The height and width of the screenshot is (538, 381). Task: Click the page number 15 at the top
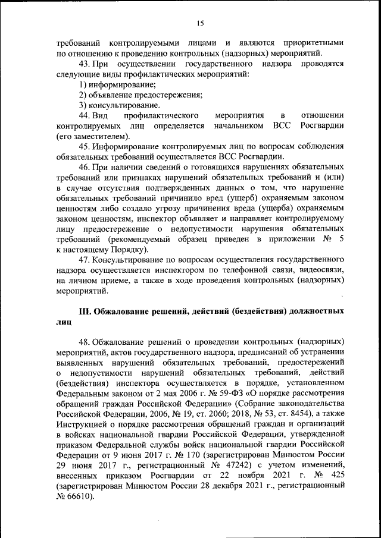[200, 23]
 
